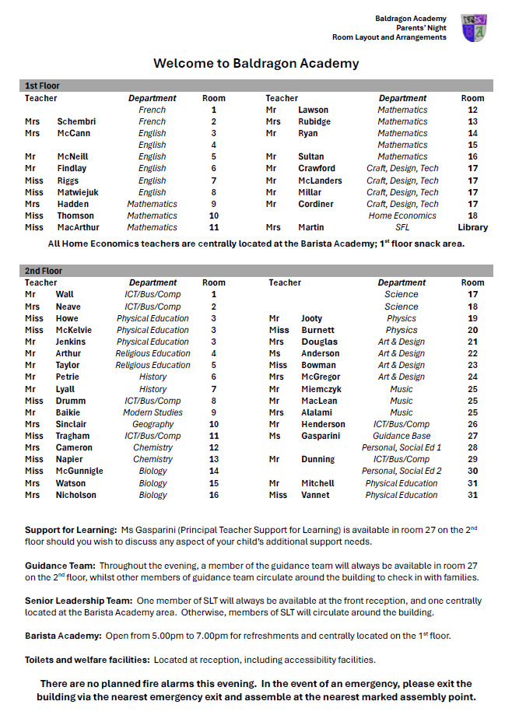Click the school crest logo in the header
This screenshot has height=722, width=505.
tap(474, 28)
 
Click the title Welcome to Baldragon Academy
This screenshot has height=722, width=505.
tap(256, 63)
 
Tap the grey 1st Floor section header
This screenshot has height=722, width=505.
tap(256, 86)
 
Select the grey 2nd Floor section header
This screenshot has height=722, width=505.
tap(256, 271)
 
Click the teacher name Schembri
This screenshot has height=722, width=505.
tap(76, 121)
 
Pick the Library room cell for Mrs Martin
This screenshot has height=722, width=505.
tap(472, 227)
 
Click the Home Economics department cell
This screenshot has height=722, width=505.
tap(402, 216)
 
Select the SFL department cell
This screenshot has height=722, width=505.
tap(402, 227)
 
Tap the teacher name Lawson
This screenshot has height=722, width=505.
tap(313, 110)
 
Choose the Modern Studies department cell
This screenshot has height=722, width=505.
tap(153, 412)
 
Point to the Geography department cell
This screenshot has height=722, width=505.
tap(153, 424)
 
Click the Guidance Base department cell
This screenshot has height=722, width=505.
tap(402, 436)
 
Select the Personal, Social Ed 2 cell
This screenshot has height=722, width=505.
tap(402, 471)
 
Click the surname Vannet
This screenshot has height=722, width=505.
tap(314, 495)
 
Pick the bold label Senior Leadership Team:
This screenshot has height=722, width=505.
tap(79, 601)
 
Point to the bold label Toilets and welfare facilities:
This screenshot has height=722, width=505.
tap(86, 660)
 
